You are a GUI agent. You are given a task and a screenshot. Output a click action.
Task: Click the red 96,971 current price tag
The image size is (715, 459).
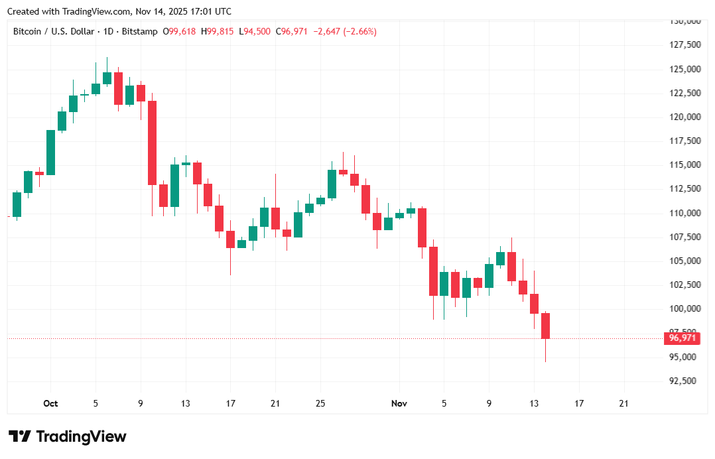(x=682, y=338)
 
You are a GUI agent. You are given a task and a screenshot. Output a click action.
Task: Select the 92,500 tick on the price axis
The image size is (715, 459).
(x=684, y=381)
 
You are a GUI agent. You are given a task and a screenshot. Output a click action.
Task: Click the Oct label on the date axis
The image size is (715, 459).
(x=50, y=403)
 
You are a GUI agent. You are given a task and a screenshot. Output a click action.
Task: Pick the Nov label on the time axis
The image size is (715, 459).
(x=399, y=403)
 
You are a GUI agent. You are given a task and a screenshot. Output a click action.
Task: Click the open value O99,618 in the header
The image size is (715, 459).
(x=180, y=31)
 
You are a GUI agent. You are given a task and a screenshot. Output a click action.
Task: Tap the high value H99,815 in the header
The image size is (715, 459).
(x=218, y=31)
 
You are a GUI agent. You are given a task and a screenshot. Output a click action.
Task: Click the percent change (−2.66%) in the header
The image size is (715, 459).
(x=359, y=31)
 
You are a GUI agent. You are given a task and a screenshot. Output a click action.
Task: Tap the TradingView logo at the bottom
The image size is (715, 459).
(x=67, y=436)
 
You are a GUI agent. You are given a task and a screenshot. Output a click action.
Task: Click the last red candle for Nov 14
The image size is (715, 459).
(x=546, y=325)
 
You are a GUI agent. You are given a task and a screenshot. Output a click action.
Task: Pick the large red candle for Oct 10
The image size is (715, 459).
(x=152, y=143)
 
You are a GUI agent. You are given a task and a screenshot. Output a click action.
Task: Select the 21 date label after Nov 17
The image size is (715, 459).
(x=623, y=403)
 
